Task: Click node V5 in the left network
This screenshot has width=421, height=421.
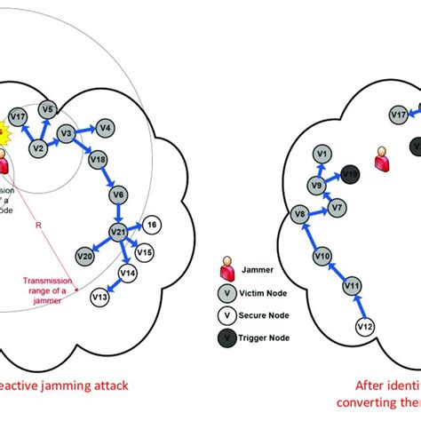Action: point(49,109)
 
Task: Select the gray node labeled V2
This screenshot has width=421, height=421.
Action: point(37,148)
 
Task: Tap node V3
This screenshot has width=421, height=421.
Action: point(65,134)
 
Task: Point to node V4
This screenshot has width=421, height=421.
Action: point(104,128)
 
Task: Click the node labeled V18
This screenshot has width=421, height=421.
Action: point(99,161)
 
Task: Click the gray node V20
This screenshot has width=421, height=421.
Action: point(84,256)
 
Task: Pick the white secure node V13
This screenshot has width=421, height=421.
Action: point(100,297)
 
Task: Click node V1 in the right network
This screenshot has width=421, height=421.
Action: point(322,155)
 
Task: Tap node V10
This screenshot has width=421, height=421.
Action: point(322,257)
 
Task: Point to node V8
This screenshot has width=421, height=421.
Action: point(300,215)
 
